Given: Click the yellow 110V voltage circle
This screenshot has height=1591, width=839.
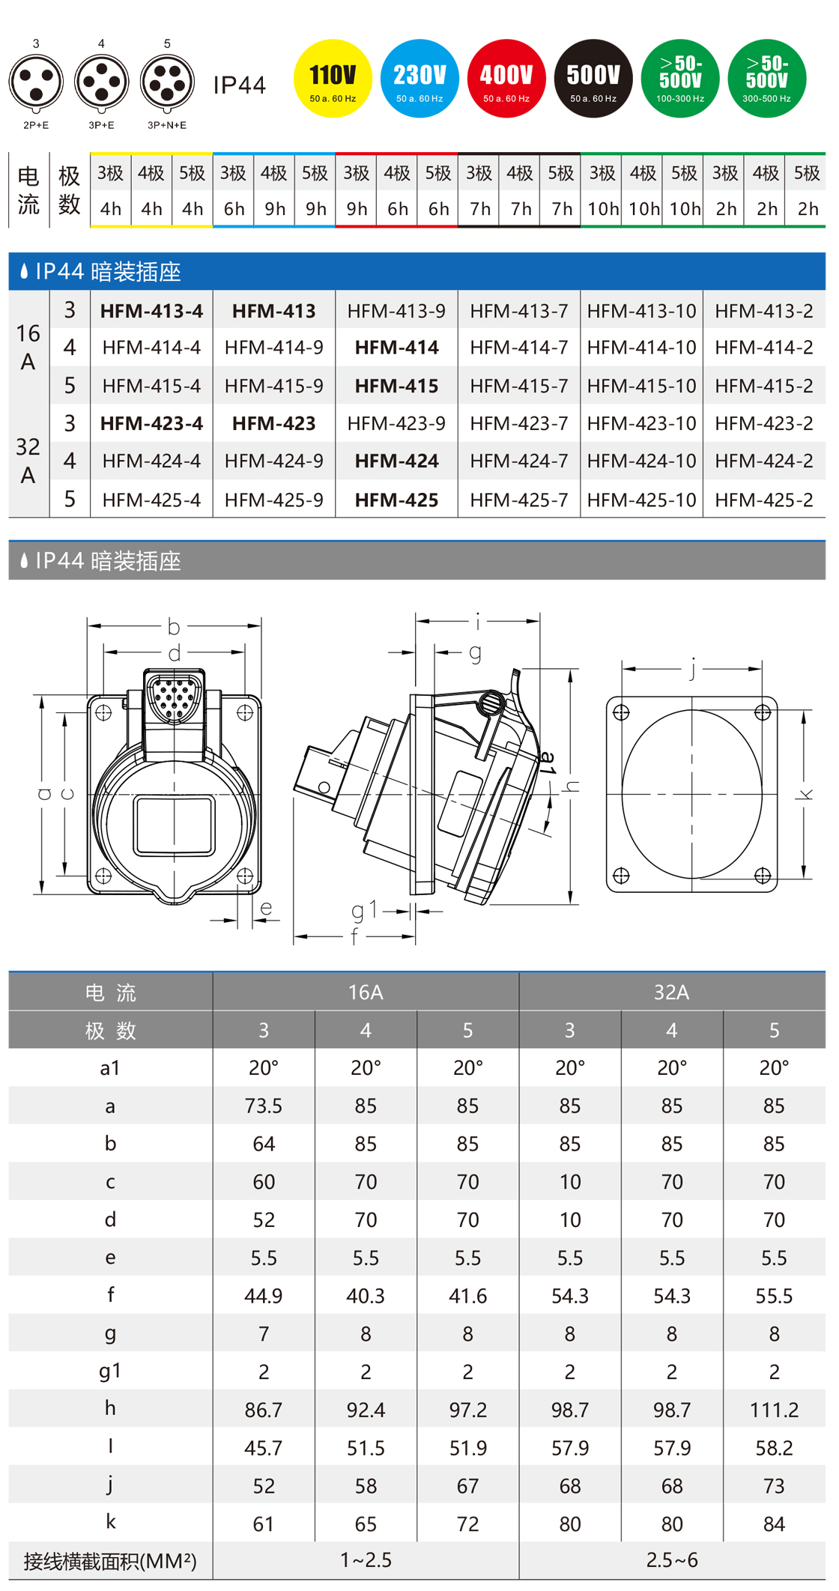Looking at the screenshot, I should click(x=333, y=78).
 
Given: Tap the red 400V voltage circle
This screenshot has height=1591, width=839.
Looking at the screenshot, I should click(x=506, y=78).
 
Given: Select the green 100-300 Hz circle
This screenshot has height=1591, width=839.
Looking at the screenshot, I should click(x=680, y=78).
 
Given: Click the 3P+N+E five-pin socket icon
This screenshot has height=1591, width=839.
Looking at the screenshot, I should click(x=167, y=82).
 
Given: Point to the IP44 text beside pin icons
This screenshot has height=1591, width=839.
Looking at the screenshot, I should click(x=240, y=85).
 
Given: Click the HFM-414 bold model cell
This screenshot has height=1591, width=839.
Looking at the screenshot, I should click(x=396, y=348).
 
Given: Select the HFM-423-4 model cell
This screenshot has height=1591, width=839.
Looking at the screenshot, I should click(x=151, y=423).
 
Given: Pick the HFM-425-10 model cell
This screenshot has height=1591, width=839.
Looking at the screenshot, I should click(x=641, y=500).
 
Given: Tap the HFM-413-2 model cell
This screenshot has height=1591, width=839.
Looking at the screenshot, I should click(x=763, y=311).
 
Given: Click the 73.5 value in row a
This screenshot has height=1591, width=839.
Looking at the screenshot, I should click(x=264, y=1106).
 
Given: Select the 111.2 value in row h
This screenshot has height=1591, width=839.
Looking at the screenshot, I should click(x=774, y=1410).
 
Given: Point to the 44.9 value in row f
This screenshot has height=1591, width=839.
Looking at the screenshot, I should click(x=264, y=1296).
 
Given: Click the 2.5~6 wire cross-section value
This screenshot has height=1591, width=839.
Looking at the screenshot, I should click(x=672, y=1560).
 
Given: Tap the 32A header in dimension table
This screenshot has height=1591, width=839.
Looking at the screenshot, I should click(x=672, y=992).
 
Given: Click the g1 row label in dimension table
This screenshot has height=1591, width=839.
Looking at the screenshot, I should click(x=110, y=1372).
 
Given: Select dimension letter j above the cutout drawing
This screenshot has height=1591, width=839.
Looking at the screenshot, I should click(x=693, y=667).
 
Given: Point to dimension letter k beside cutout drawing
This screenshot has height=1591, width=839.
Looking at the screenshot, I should click(x=806, y=794).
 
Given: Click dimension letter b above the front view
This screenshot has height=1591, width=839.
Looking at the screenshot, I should click(x=174, y=626).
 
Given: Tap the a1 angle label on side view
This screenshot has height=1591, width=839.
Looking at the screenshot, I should click(x=549, y=762).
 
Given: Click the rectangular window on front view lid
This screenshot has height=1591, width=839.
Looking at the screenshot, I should click(x=174, y=825).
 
